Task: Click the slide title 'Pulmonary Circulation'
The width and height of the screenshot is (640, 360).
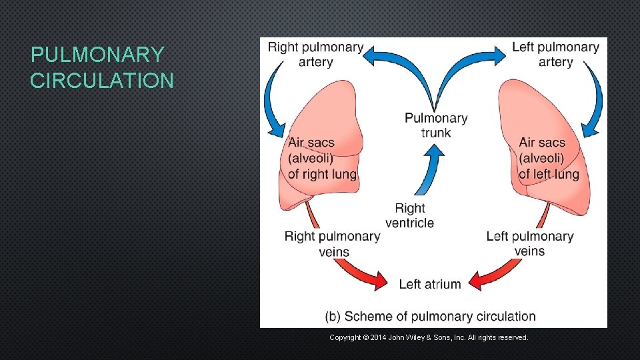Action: pos(101,67)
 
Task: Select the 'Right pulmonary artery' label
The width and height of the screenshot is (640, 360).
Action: pos(315,54)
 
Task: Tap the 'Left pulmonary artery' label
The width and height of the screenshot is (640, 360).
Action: pos(555,54)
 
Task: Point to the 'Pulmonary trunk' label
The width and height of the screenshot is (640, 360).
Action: pos(436,125)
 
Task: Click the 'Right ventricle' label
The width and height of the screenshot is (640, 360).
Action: pos(409,215)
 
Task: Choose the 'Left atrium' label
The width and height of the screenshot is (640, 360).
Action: pos(429,284)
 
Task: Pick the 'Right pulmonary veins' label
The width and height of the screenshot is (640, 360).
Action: pos(332,243)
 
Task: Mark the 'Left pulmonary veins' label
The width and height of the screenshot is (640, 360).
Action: pos(529,243)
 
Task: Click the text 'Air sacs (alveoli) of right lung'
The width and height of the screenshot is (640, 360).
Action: pos(321,159)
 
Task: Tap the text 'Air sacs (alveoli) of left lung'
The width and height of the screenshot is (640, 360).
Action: pos(548,159)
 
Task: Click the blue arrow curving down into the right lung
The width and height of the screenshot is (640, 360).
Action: pos(273,100)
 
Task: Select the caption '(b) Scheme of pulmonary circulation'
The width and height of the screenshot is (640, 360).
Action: pos(430,316)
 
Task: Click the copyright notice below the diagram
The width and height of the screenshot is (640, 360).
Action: pos(429,338)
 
